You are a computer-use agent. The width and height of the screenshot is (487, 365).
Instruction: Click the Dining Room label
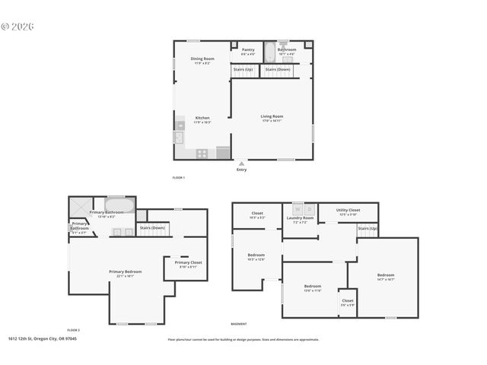pos(202,60)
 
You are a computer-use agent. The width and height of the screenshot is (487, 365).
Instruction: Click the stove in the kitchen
pos(203,153)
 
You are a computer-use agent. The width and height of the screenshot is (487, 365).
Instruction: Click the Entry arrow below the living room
pos(241,163)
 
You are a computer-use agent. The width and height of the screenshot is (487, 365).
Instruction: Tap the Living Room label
pos(272,118)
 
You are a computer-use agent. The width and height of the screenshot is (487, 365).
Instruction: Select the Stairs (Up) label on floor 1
pos(243,69)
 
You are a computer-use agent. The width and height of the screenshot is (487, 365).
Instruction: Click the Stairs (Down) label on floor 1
pos(277,69)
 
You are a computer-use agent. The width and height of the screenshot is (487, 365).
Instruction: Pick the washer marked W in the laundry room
pos(297,208)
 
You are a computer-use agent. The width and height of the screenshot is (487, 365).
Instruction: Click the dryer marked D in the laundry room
pos(309,208)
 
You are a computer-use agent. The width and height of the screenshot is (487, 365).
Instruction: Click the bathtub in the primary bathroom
pos(120,204)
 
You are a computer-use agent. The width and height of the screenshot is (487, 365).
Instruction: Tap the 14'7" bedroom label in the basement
pos(386,276)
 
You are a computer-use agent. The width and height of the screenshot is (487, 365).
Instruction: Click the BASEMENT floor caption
pos(238,324)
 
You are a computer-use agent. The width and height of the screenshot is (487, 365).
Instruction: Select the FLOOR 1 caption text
pos(179,177)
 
